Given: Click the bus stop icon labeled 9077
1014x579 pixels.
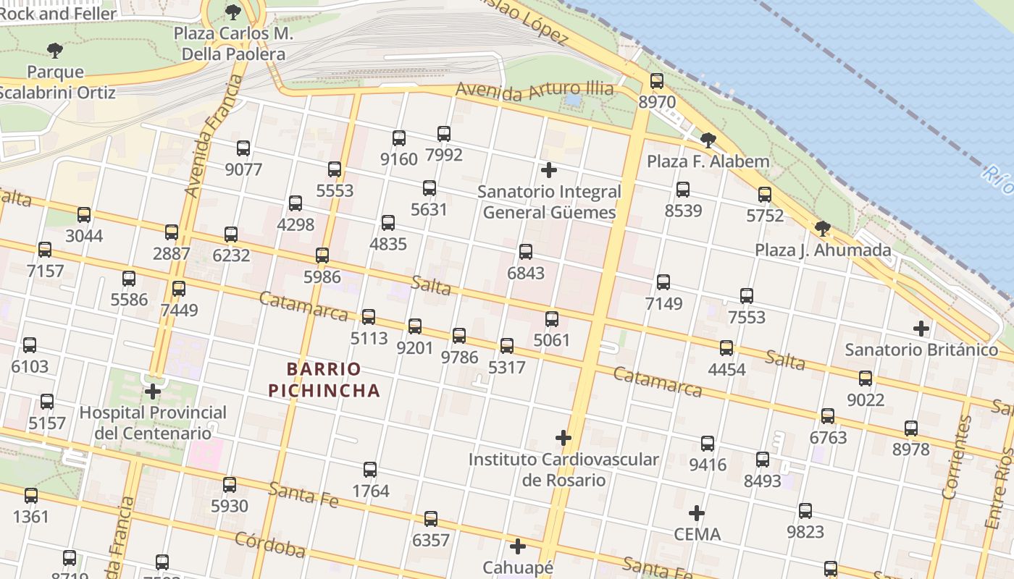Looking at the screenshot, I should point(243,148).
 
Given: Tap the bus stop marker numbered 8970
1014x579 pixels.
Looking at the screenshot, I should point(657,81).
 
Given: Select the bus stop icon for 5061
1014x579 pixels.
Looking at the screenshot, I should point(552,319).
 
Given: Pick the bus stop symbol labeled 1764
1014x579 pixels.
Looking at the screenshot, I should point(370,470).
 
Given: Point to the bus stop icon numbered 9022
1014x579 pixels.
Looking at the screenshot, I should point(866,379).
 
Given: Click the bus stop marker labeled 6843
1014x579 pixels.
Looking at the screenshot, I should point(526,252).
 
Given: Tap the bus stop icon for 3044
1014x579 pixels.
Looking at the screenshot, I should point(84,215).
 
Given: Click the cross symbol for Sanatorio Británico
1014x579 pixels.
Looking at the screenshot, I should point(921,329).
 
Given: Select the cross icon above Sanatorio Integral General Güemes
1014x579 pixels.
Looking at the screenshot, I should point(549,170).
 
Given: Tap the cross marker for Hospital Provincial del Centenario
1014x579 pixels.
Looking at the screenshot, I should point(153,392).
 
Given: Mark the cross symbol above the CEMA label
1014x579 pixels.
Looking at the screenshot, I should point(697,513).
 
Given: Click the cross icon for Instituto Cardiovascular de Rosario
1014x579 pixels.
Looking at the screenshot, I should point(563,438).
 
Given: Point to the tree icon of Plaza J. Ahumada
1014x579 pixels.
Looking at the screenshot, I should point(822,229).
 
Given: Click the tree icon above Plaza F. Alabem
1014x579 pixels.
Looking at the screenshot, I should point(708,140).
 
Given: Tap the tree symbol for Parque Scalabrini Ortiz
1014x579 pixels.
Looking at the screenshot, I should point(54,51).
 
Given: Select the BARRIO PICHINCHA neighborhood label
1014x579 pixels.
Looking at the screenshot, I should point(324,380).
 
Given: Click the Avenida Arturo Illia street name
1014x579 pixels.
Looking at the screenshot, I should point(535,90).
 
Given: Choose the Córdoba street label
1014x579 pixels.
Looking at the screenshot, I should point(269,545).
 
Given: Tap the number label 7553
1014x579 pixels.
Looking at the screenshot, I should point(747,317).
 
